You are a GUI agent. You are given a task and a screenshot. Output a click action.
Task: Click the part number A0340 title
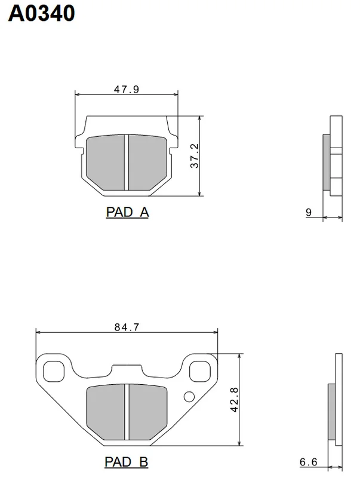coord(41,13)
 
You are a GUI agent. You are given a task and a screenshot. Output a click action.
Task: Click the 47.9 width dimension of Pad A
coord(127,89)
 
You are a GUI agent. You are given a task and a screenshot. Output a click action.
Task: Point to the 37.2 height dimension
coord(194,156)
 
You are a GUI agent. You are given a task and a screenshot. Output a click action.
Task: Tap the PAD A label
coord(127,212)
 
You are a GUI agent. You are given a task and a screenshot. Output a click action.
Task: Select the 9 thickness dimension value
coord(309,212)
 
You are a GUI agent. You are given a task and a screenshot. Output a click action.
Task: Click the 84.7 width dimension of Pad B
coord(127,327)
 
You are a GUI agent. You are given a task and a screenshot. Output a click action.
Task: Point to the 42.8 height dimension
coord(235,400)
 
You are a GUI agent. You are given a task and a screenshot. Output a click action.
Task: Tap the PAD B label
coord(127,462)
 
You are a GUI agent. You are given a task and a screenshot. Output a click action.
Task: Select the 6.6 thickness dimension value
coord(308,462)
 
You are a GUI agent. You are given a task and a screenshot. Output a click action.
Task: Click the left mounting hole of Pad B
coord(54,371)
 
